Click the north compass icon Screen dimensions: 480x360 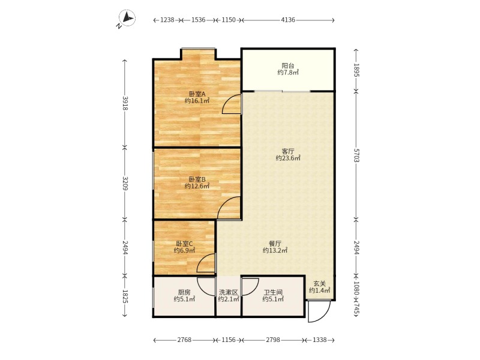point(127,19)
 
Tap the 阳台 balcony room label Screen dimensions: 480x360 point(288,65)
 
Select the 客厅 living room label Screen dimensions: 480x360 point(288,151)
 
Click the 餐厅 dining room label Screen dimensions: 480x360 point(275,244)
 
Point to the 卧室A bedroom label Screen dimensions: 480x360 point(197,94)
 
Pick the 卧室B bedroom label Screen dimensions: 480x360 point(197,179)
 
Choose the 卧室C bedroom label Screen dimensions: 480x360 point(184,244)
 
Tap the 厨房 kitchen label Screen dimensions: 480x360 point(184,292)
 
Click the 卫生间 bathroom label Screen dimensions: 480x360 point(272,292)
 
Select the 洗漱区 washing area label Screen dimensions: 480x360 point(229,292)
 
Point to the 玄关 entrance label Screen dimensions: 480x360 point(319,283)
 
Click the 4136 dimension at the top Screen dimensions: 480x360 point(288,20)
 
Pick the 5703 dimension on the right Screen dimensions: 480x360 point(356,155)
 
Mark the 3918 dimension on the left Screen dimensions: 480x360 point(125,103)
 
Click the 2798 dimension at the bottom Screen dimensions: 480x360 point(273,340)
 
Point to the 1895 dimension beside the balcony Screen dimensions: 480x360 point(356,70)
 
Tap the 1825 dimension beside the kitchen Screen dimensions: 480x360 point(125,296)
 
